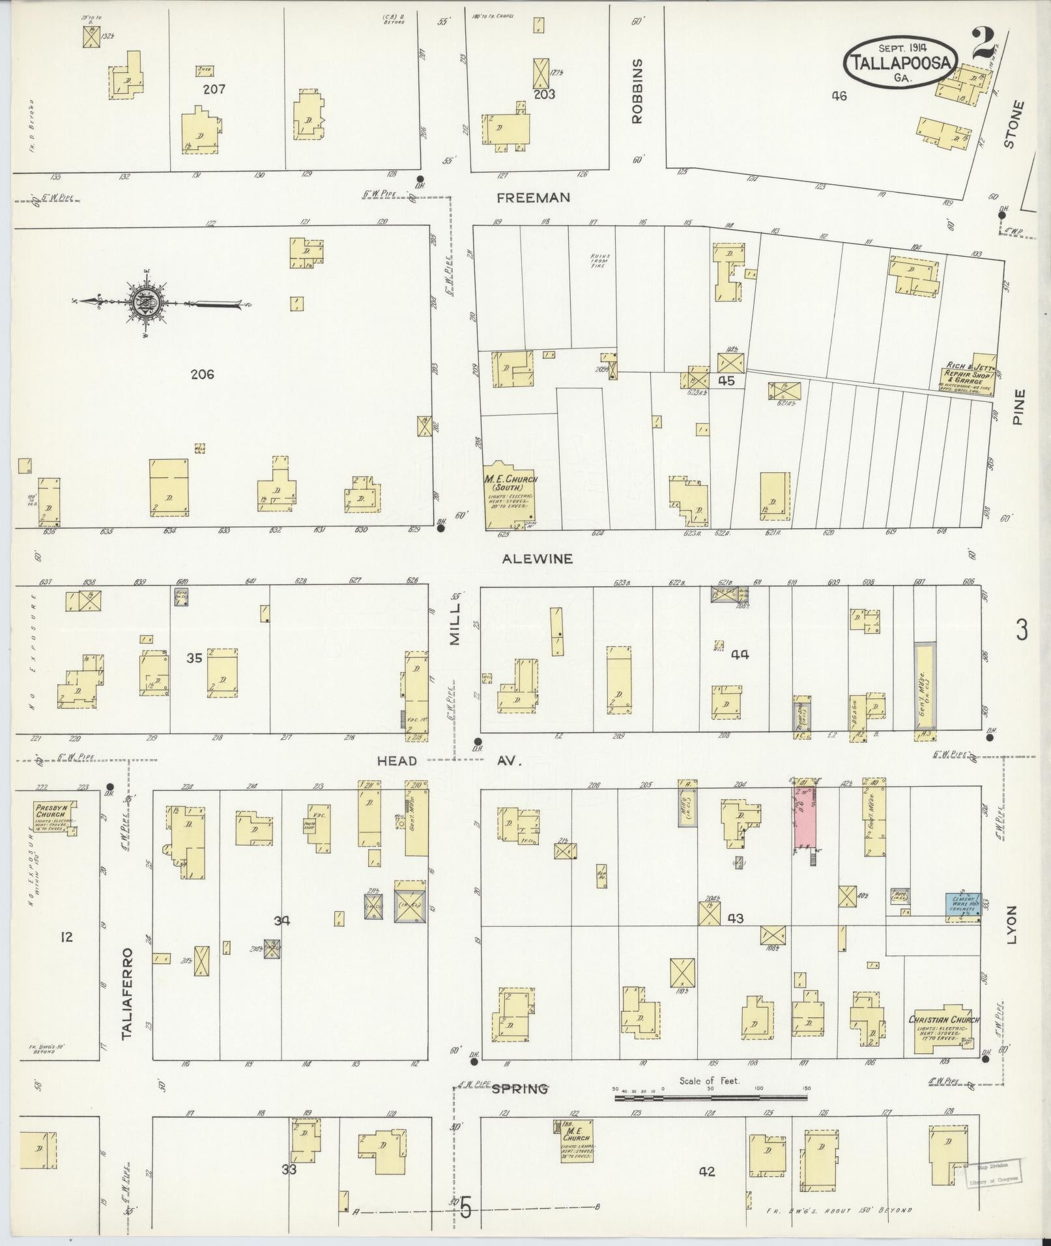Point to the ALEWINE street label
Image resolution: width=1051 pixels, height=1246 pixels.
coord(538,558)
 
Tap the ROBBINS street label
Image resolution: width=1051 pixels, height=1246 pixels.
coord(637,91)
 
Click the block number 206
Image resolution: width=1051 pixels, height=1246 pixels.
coord(203,375)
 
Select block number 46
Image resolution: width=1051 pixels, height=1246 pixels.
coord(839,96)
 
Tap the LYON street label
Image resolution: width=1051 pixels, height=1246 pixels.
coord(1011,924)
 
